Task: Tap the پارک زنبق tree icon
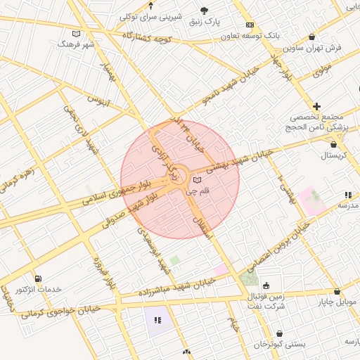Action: (204, 11)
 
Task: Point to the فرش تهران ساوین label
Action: (312, 48)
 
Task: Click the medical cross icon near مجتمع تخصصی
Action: (317, 105)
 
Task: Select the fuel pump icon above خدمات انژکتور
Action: (37, 278)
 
